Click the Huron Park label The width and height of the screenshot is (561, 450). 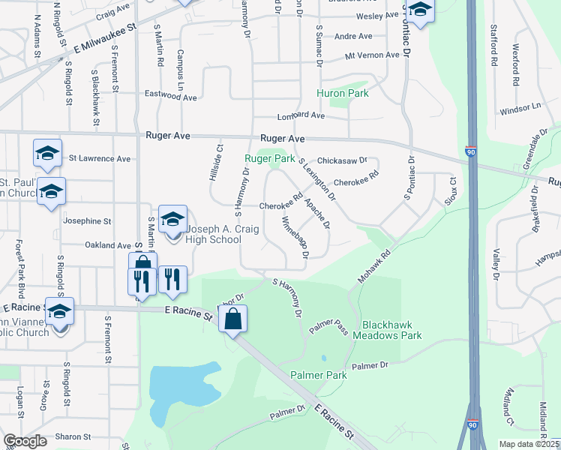point(343,94)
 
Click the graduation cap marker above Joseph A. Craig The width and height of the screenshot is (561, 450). point(172,219)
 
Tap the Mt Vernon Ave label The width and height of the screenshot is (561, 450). point(372,55)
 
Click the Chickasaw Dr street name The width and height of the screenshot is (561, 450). point(342,160)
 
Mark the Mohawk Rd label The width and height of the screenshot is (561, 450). point(375,267)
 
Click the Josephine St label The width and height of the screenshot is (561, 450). point(88,222)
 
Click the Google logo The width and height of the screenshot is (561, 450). point(25,441)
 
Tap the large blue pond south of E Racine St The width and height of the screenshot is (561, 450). point(180,390)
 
